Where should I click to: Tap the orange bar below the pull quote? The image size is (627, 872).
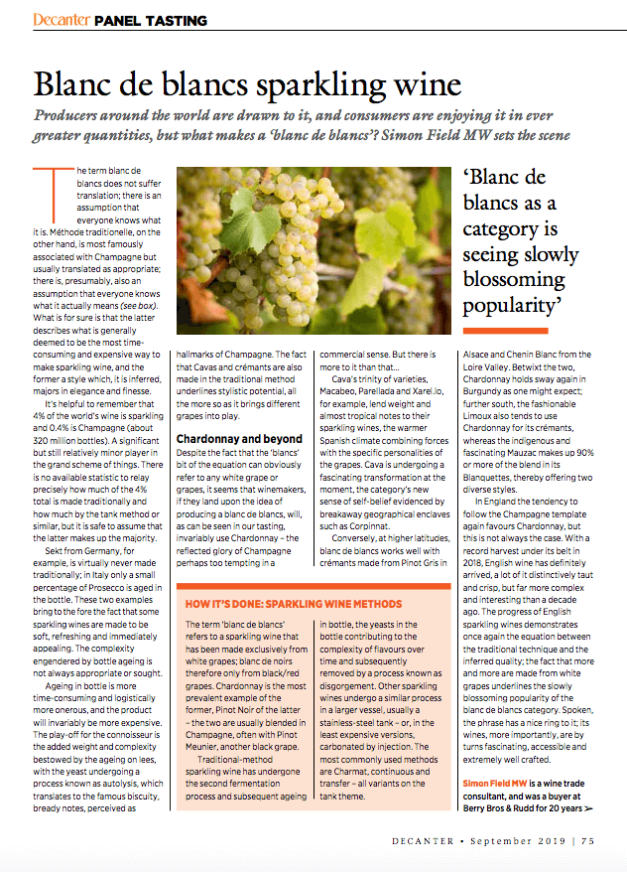point(505,331)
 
